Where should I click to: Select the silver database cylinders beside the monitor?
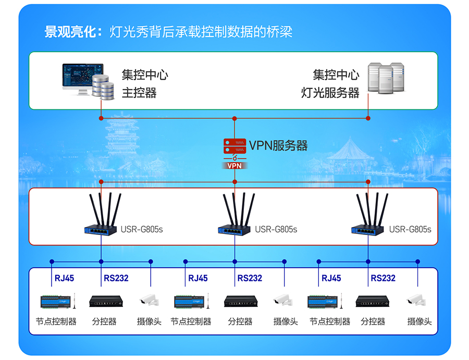[x=103, y=87]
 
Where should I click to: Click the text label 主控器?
[x=139, y=93]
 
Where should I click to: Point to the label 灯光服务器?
[x=330, y=93]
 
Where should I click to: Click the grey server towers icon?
[x=386, y=78]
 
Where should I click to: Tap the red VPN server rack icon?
[x=235, y=146]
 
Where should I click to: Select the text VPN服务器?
[x=278, y=145]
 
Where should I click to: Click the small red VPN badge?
[x=234, y=166]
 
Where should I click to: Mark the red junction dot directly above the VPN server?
[x=234, y=118]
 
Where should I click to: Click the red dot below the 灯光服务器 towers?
[x=368, y=118]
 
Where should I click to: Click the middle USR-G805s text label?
[x=276, y=229]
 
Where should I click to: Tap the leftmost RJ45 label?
[x=64, y=278]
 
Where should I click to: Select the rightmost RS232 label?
[x=383, y=278]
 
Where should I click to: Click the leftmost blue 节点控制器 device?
[x=58, y=302]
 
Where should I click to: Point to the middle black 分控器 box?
[x=241, y=301]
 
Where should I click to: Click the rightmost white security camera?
[x=416, y=300]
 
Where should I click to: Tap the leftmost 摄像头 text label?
[x=149, y=322]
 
